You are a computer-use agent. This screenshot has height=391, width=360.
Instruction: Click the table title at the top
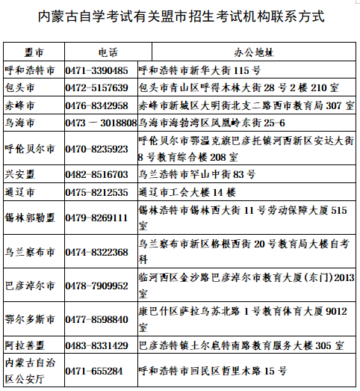point(179,16)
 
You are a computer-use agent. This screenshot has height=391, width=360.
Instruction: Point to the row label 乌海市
point(20,123)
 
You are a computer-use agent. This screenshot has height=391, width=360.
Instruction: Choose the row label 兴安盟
point(20,174)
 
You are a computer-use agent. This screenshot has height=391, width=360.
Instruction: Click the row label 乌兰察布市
point(30,253)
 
